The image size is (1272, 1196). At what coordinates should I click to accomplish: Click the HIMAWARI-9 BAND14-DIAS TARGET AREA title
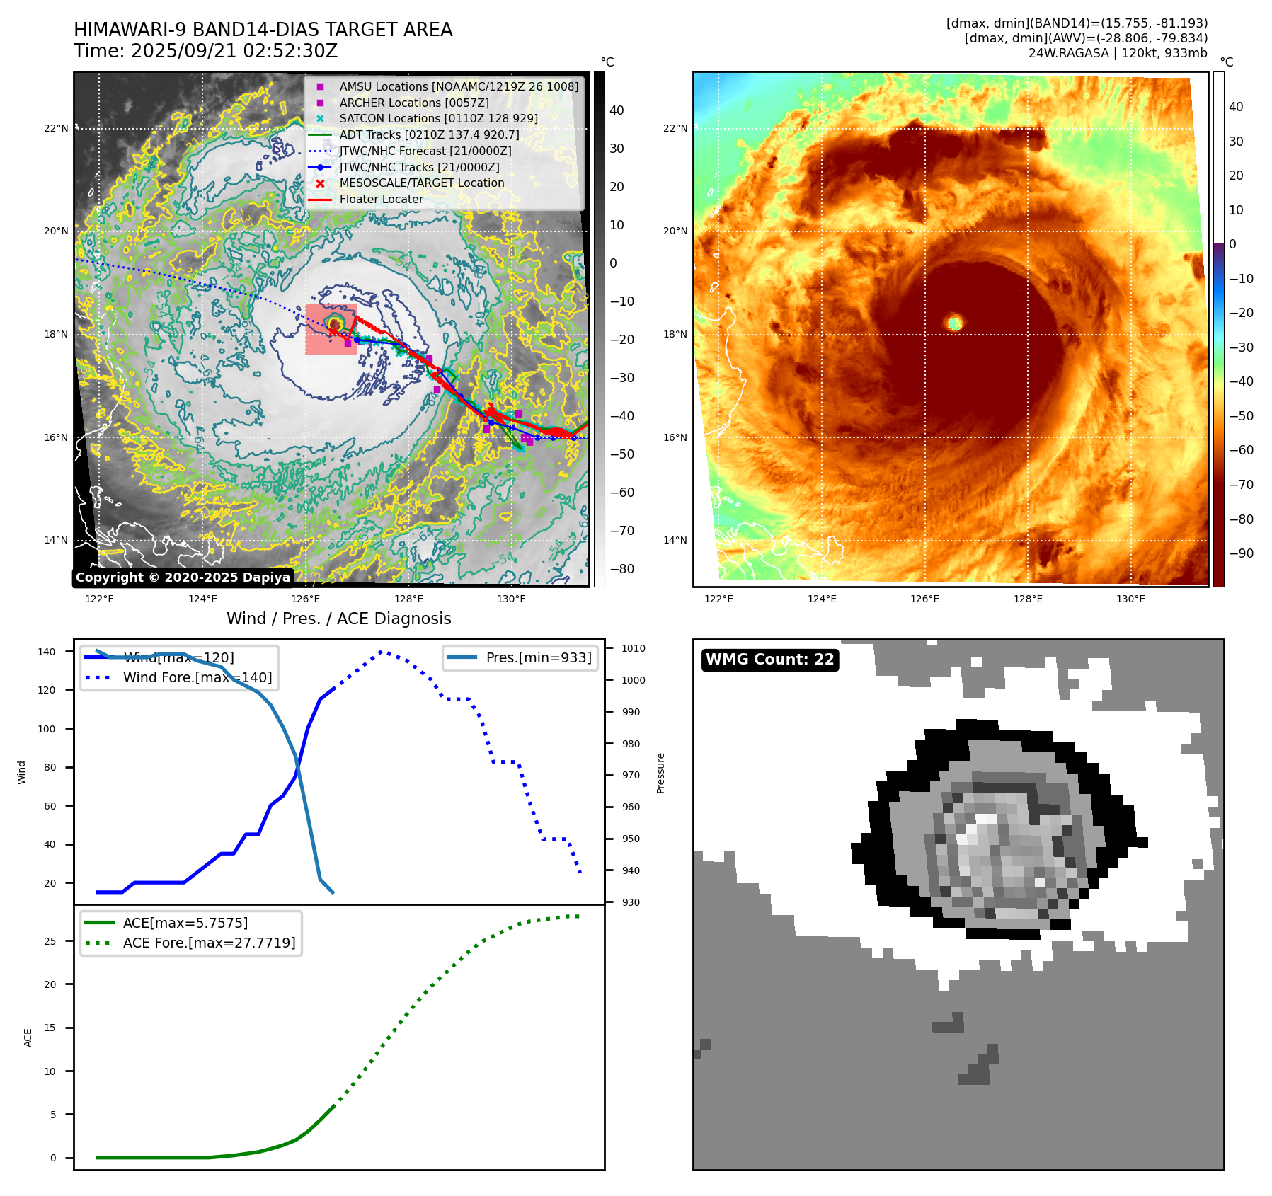263,30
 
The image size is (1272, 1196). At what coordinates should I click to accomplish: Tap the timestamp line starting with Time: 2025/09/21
205,51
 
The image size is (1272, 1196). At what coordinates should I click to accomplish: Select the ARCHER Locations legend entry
413,103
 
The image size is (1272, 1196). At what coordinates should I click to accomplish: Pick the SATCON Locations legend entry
438,119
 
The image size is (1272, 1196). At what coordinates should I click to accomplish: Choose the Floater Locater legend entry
381,200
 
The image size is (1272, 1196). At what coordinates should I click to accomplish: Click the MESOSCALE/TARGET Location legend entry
421,183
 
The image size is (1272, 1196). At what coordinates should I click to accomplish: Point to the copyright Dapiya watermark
183,577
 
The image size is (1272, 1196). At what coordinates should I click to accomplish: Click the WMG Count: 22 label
769,660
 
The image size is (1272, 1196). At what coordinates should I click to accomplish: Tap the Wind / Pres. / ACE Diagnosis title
338,619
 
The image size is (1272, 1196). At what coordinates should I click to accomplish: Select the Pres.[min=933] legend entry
538,657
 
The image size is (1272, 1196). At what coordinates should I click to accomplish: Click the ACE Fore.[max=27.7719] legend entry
209,943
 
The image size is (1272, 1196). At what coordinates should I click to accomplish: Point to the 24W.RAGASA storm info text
1117,53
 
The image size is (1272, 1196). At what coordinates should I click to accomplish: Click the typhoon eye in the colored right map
954,323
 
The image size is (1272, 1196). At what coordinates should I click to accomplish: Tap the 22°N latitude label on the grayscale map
56,129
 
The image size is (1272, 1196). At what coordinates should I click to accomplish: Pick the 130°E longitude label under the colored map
1130,599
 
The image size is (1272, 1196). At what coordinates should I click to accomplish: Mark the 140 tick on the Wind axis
47,652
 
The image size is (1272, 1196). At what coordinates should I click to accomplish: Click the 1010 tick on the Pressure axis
633,648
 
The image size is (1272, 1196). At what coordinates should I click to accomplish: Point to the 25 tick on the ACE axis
50,941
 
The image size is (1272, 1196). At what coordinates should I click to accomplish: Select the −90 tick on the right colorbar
1241,553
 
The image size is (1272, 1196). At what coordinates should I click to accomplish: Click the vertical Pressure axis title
660,773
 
